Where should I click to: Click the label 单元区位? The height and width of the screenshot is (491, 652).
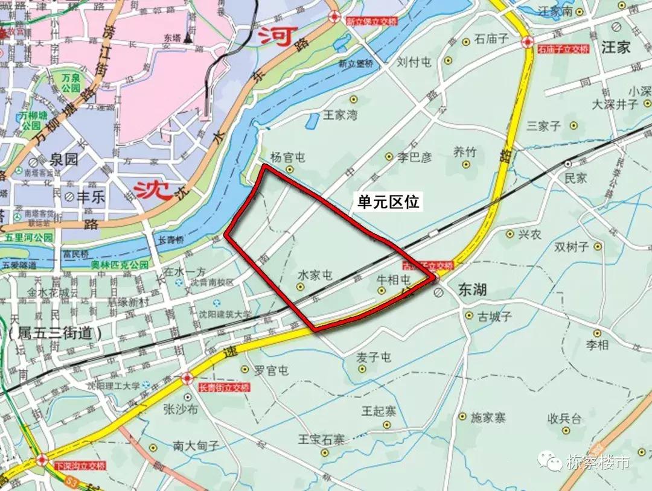(x=388, y=201)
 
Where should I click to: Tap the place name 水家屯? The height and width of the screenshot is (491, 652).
(x=315, y=275)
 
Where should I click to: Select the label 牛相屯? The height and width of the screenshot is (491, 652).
(x=393, y=280)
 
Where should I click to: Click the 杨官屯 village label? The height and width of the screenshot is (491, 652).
(x=287, y=158)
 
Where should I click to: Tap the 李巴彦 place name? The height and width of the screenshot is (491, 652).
(x=415, y=157)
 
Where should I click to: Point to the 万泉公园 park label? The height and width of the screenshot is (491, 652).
(x=71, y=83)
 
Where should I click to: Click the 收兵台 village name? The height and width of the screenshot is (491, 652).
(x=564, y=418)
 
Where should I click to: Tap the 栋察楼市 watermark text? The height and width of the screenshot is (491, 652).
(x=598, y=463)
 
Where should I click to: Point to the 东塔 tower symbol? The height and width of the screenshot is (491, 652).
(x=189, y=36)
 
